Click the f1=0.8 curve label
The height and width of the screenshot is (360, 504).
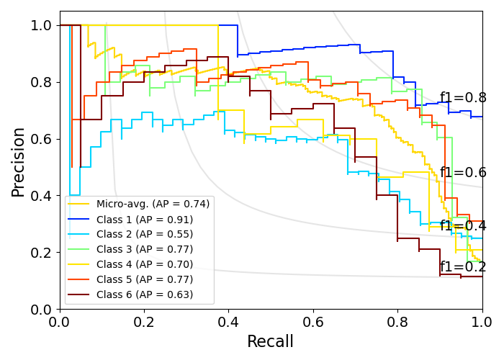click(x=463, y=98)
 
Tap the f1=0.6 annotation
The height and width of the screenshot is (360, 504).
click(x=463, y=173)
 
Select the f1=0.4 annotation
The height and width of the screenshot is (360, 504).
click(x=463, y=226)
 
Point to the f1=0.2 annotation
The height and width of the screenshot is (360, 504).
click(x=463, y=267)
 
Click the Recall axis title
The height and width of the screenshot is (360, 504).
click(x=271, y=341)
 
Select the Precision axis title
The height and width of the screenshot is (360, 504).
click(x=19, y=162)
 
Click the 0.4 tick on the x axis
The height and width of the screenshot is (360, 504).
click(x=229, y=320)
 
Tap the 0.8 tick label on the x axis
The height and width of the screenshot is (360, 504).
click(x=397, y=320)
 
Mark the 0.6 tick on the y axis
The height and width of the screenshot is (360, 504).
click(x=40, y=139)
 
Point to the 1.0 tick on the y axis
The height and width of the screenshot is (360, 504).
click(x=40, y=25)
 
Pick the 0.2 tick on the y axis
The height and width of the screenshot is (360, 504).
click(x=40, y=253)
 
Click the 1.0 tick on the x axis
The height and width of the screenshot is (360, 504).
click(x=482, y=320)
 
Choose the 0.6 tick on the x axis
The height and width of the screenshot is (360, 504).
click(x=313, y=320)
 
